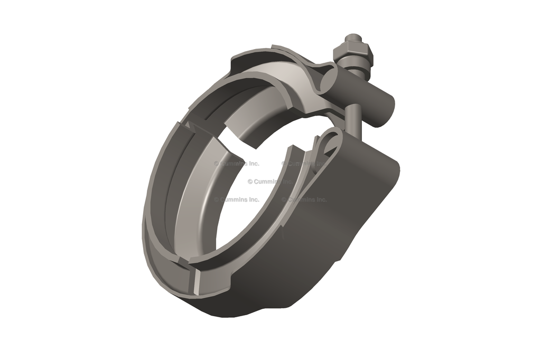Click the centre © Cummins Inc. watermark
coord(270,182)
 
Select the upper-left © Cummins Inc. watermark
coord(236,164)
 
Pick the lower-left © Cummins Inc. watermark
coord(236,200)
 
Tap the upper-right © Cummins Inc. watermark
coord(304,164)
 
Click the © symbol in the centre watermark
coord(250,182)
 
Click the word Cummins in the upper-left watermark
coord(233,164)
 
